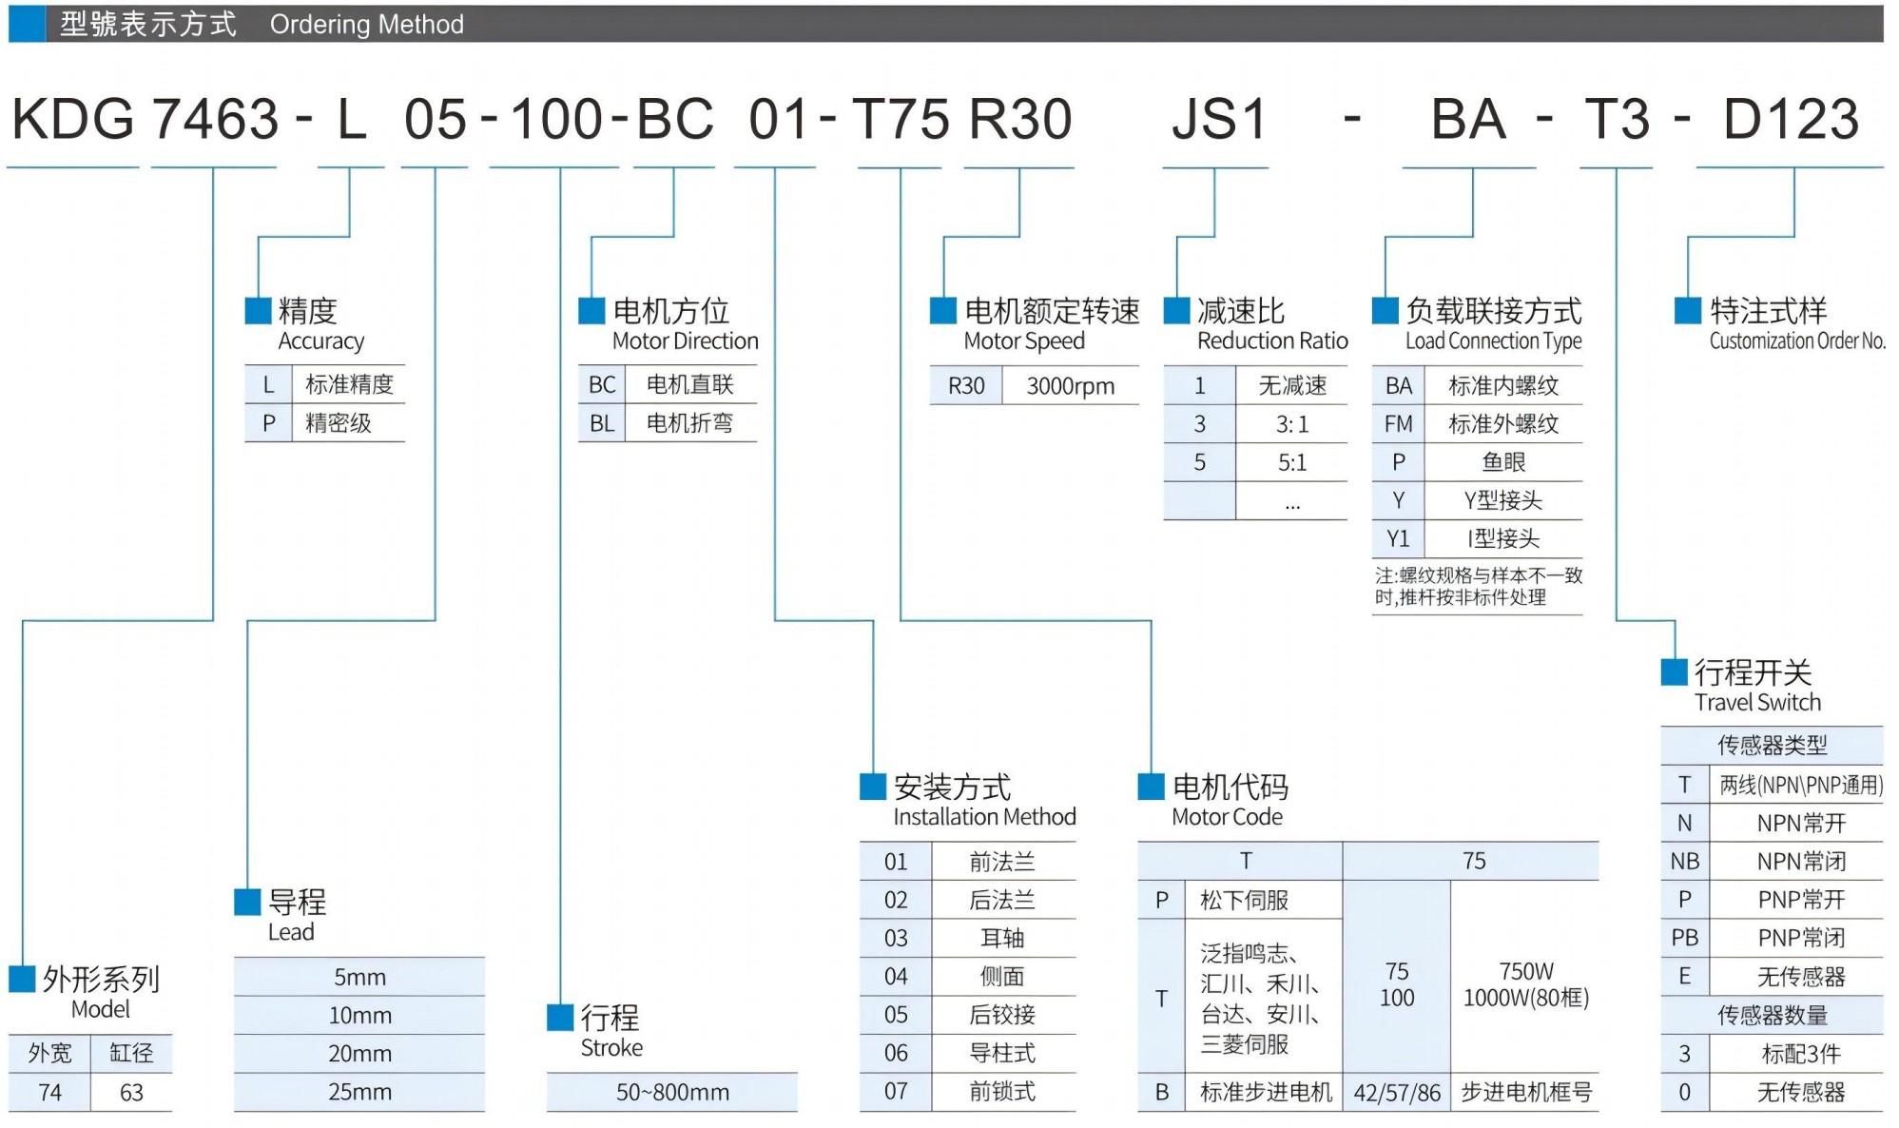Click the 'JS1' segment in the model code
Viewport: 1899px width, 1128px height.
tap(1219, 120)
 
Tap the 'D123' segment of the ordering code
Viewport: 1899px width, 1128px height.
tap(1791, 120)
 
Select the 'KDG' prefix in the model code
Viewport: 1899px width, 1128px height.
tap(73, 120)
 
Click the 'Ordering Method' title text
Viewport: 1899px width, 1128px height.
tap(366, 24)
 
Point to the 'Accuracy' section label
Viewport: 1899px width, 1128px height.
tap(320, 340)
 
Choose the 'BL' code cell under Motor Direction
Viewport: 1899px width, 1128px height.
tap(601, 423)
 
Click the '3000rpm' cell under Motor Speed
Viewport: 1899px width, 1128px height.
tap(1070, 386)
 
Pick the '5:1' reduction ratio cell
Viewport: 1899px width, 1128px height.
tap(1291, 463)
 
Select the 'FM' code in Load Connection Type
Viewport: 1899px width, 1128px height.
tap(1398, 424)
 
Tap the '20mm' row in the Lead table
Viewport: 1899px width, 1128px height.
tap(359, 1054)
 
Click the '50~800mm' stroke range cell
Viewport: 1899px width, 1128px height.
tap(672, 1093)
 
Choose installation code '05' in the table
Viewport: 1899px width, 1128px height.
tap(896, 1015)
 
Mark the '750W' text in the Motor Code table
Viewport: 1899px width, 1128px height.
tap(1525, 971)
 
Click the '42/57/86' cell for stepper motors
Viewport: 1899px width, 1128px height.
tap(1397, 1093)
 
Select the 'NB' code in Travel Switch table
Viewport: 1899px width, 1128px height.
tap(1684, 862)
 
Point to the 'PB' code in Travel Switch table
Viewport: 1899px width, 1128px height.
tap(1684, 938)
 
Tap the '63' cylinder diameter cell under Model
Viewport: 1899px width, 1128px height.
tap(131, 1093)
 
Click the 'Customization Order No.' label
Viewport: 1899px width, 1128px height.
tap(1796, 341)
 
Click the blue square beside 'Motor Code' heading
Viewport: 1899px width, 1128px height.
tap(1151, 787)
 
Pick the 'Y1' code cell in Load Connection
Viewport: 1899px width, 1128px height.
tap(1398, 539)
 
